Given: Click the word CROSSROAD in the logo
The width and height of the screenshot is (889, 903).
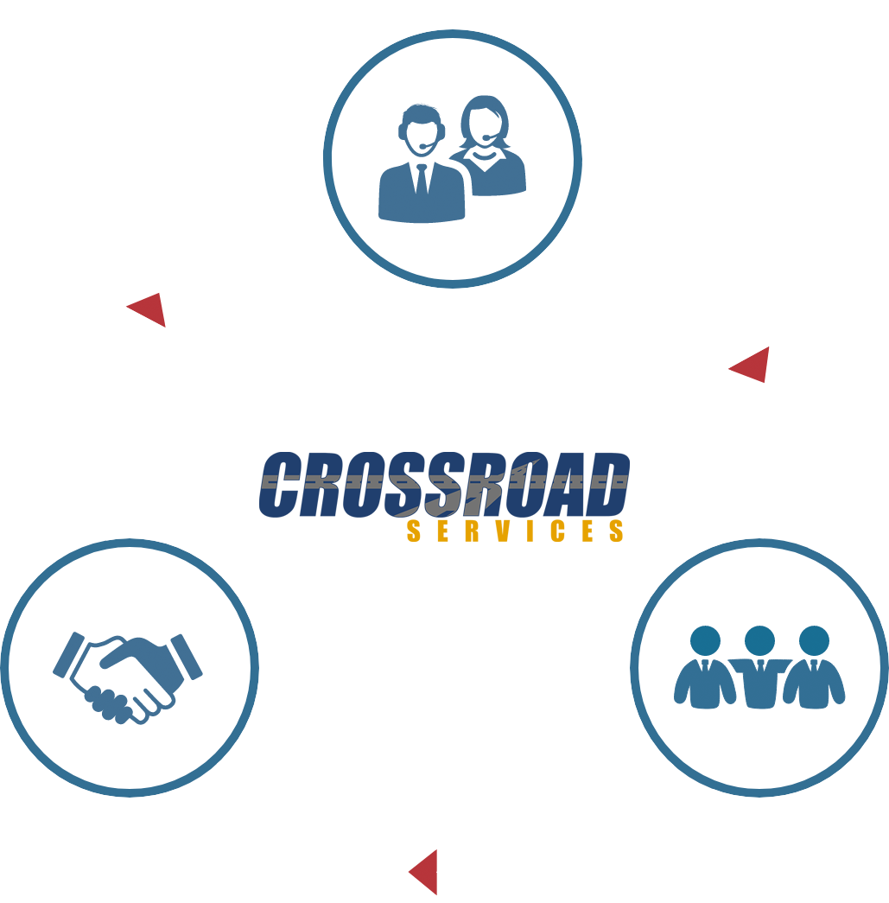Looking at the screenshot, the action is (444, 484).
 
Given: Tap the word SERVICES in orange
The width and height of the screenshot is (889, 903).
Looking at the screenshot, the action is (515, 531).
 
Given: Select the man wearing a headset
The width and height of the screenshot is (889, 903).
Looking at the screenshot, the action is (422, 164).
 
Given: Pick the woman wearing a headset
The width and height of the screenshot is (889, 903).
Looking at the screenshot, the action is (488, 145).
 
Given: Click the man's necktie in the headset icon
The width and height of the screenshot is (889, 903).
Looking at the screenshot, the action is (422, 179).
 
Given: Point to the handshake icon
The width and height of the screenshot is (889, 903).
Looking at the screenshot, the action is (128, 678).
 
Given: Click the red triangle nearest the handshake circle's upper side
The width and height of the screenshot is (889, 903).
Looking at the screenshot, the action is (149, 309).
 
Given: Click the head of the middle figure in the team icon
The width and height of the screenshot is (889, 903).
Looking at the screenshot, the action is (759, 640).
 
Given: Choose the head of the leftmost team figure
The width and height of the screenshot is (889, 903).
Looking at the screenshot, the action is (705, 640).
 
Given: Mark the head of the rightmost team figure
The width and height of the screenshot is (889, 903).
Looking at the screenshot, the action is (814, 640).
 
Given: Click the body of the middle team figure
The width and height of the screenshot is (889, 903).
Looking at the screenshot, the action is (759, 684).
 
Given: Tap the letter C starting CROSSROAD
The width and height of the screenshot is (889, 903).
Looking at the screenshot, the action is (281, 484).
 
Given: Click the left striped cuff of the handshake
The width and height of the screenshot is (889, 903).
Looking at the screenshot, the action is (68, 655).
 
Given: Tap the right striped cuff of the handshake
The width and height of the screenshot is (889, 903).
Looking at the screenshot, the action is (187, 657).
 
